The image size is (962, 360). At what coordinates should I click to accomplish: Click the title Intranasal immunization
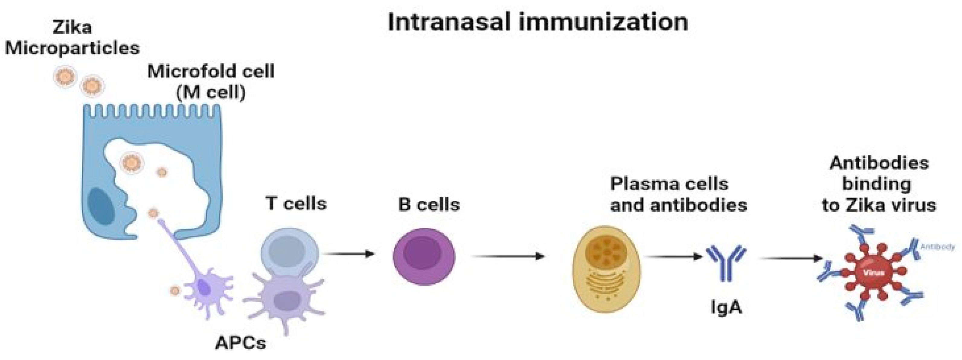(x=537, y=22)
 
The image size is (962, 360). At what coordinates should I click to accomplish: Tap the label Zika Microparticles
(x=72, y=38)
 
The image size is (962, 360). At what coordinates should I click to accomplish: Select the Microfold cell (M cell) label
(x=211, y=82)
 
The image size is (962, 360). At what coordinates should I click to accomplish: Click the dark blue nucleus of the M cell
(x=101, y=207)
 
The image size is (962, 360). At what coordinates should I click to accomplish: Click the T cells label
(x=296, y=204)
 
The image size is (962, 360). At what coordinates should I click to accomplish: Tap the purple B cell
(x=424, y=256)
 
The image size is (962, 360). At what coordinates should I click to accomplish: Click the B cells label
(x=429, y=204)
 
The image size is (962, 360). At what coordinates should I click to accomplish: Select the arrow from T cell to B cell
(x=349, y=254)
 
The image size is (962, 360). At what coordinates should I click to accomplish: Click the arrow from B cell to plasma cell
(x=508, y=256)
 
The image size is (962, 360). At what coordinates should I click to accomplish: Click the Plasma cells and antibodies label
(x=678, y=194)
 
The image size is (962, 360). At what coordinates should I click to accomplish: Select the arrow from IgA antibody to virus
(x=791, y=258)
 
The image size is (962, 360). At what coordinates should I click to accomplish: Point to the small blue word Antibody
(x=937, y=247)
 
